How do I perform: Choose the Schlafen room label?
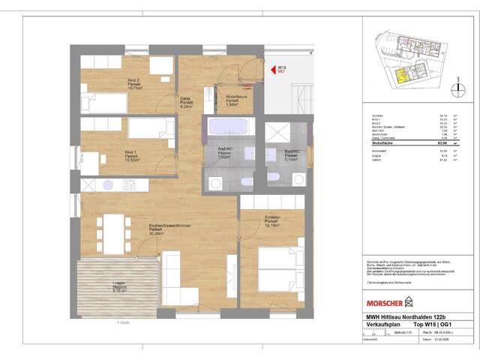272,220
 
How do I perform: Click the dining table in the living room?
115,232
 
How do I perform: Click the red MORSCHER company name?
382,303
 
